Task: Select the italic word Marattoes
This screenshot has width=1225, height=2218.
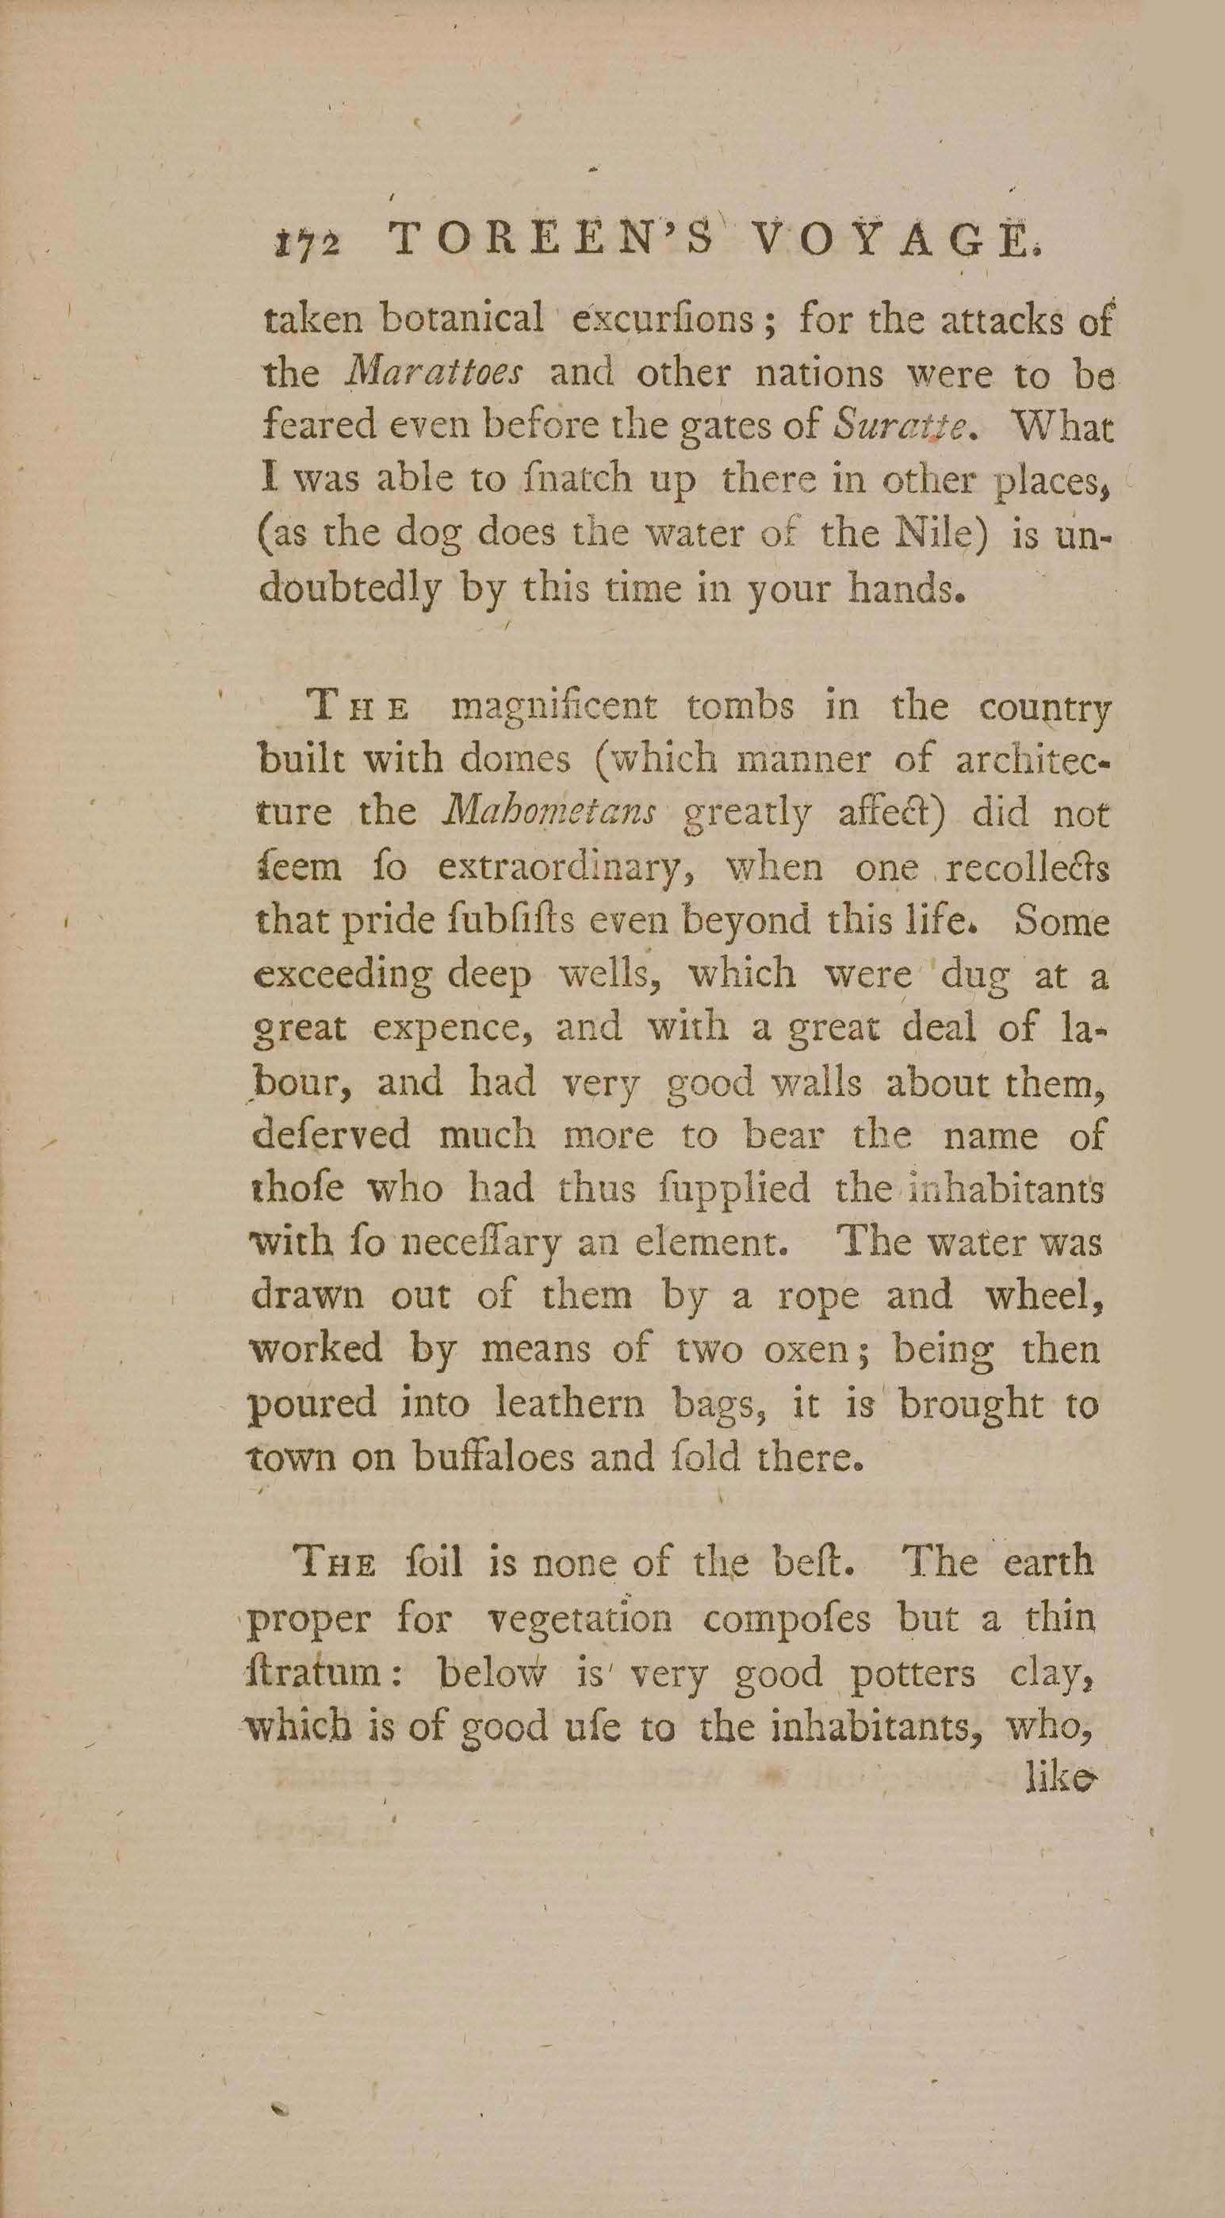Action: pyautogui.click(x=434, y=373)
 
